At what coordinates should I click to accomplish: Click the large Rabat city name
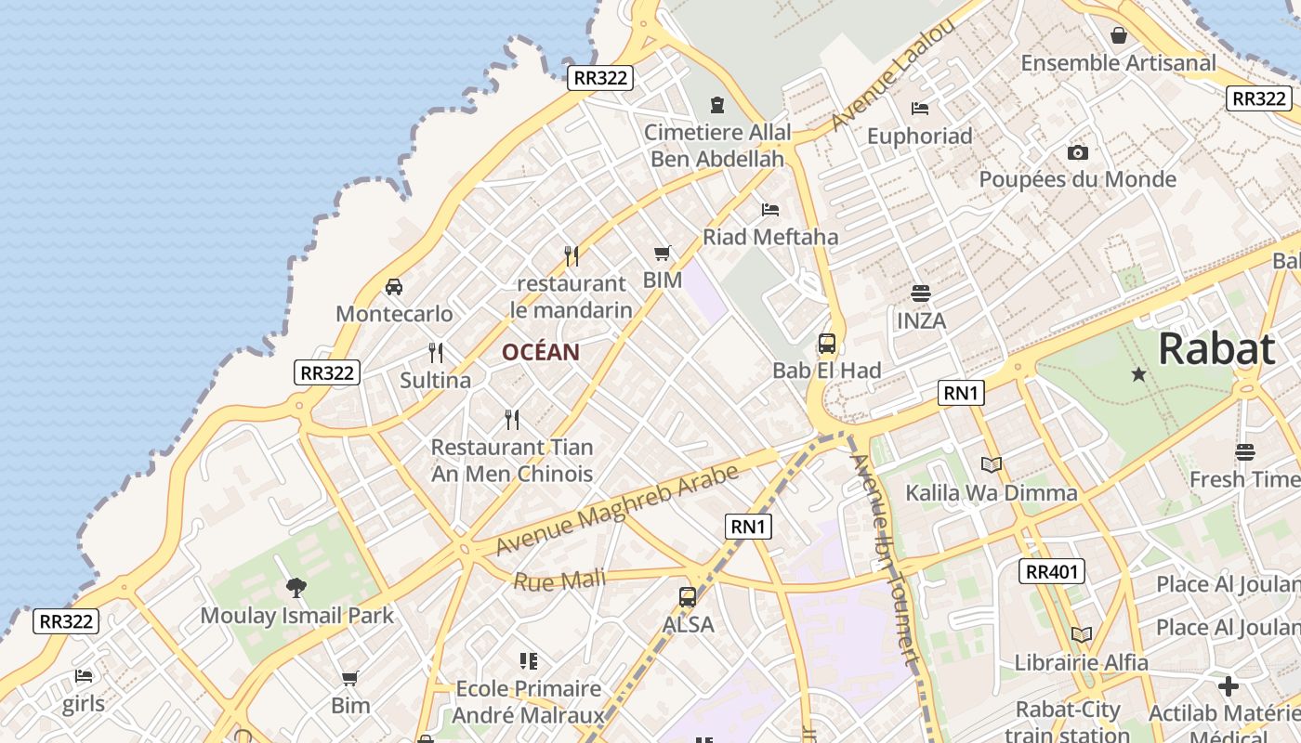click(x=1216, y=350)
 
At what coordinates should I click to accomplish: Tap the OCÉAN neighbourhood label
click(x=541, y=353)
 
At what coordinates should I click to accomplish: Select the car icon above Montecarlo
click(x=394, y=286)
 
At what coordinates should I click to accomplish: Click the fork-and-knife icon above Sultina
click(x=435, y=353)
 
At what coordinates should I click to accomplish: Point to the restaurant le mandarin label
click(x=571, y=297)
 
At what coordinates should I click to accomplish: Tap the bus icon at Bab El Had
click(x=827, y=344)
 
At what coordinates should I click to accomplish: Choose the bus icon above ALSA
click(x=688, y=597)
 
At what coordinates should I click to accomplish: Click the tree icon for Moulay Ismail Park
click(x=296, y=587)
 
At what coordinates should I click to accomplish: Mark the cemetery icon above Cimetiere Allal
click(x=717, y=104)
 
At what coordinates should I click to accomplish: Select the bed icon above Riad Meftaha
click(x=769, y=209)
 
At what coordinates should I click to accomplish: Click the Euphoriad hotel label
click(x=919, y=137)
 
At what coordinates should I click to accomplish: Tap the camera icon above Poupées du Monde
click(x=1078, y=152)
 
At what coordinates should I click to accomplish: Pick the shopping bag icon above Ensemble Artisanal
click(x=1119, y=35)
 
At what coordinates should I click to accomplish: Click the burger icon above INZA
click(x=921, y=293)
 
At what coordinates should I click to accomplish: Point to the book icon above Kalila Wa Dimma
click(x=992, y=464)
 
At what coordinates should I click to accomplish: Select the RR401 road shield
click(x=1052, y=571)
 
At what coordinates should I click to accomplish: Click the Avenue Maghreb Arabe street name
click(x=617, y=509)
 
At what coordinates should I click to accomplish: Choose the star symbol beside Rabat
click(x=1138, y=374)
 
